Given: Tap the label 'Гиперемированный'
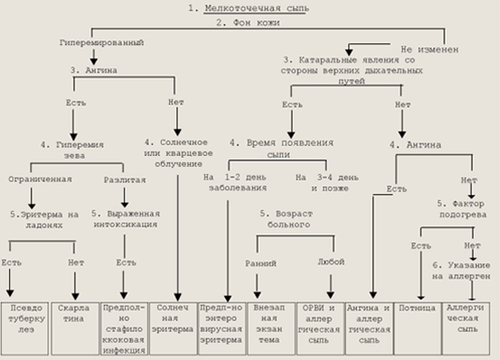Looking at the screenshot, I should (x=97, y=40).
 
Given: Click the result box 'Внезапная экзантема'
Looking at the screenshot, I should (x=272, y=321).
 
